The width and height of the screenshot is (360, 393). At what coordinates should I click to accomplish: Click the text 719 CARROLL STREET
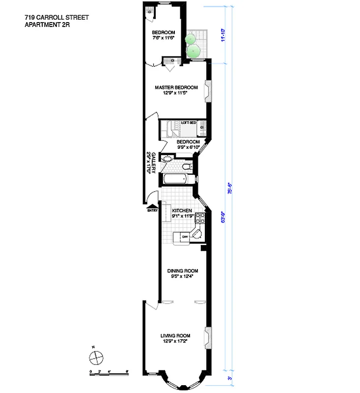click(57, 18)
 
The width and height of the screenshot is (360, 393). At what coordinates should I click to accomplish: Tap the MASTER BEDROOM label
click(176, 87)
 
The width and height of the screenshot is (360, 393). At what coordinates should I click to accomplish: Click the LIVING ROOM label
click(175, 336)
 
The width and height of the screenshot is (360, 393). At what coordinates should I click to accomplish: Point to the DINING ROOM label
click(182, 271)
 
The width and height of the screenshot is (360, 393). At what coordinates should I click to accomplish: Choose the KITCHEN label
click(181, 211)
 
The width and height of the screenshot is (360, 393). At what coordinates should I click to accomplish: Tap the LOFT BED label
click(189, 122)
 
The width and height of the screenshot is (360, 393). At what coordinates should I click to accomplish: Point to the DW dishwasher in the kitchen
click(185, 237)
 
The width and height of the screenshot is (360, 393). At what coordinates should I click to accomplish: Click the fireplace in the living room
click(208, 336)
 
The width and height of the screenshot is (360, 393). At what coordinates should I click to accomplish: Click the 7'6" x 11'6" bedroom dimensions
click(163, 38)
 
